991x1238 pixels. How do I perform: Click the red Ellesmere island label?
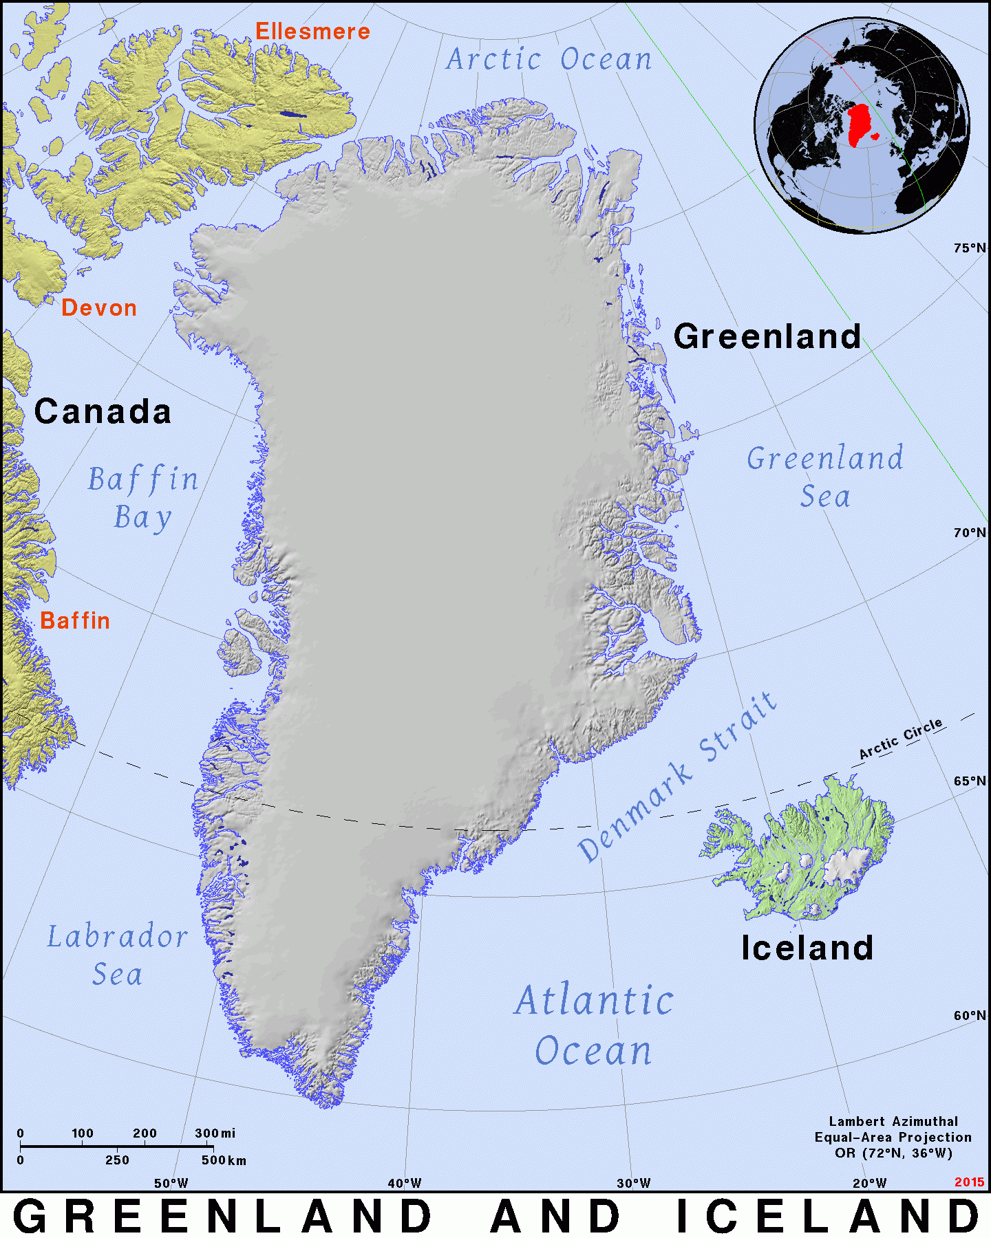coord(312,32)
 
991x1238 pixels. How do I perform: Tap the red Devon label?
coord(99,308)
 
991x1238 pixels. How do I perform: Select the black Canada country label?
coord(103,412)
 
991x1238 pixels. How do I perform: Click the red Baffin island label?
coord(75,621)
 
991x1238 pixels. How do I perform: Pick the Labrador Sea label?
coord(117,955)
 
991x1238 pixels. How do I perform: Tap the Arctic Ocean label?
coord(548,60)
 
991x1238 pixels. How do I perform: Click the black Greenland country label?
coord(767,337)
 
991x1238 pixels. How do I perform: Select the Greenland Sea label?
coord(825,477)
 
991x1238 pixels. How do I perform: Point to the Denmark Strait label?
coord(678,777)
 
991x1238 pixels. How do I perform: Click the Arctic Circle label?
coord(901,739)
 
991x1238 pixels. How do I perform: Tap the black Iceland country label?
coord(807,948)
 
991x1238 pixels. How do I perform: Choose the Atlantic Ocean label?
coord(594,1025)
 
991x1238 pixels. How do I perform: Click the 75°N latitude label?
coord(970,248)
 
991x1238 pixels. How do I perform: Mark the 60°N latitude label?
coord(970,1016)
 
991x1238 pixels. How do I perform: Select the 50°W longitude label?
coord(171,1184)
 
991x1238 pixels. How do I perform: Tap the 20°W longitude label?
coord(870,1184)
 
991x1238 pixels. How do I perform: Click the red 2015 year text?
coord(969,1182)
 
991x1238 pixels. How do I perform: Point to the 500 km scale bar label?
coord(224,1160)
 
